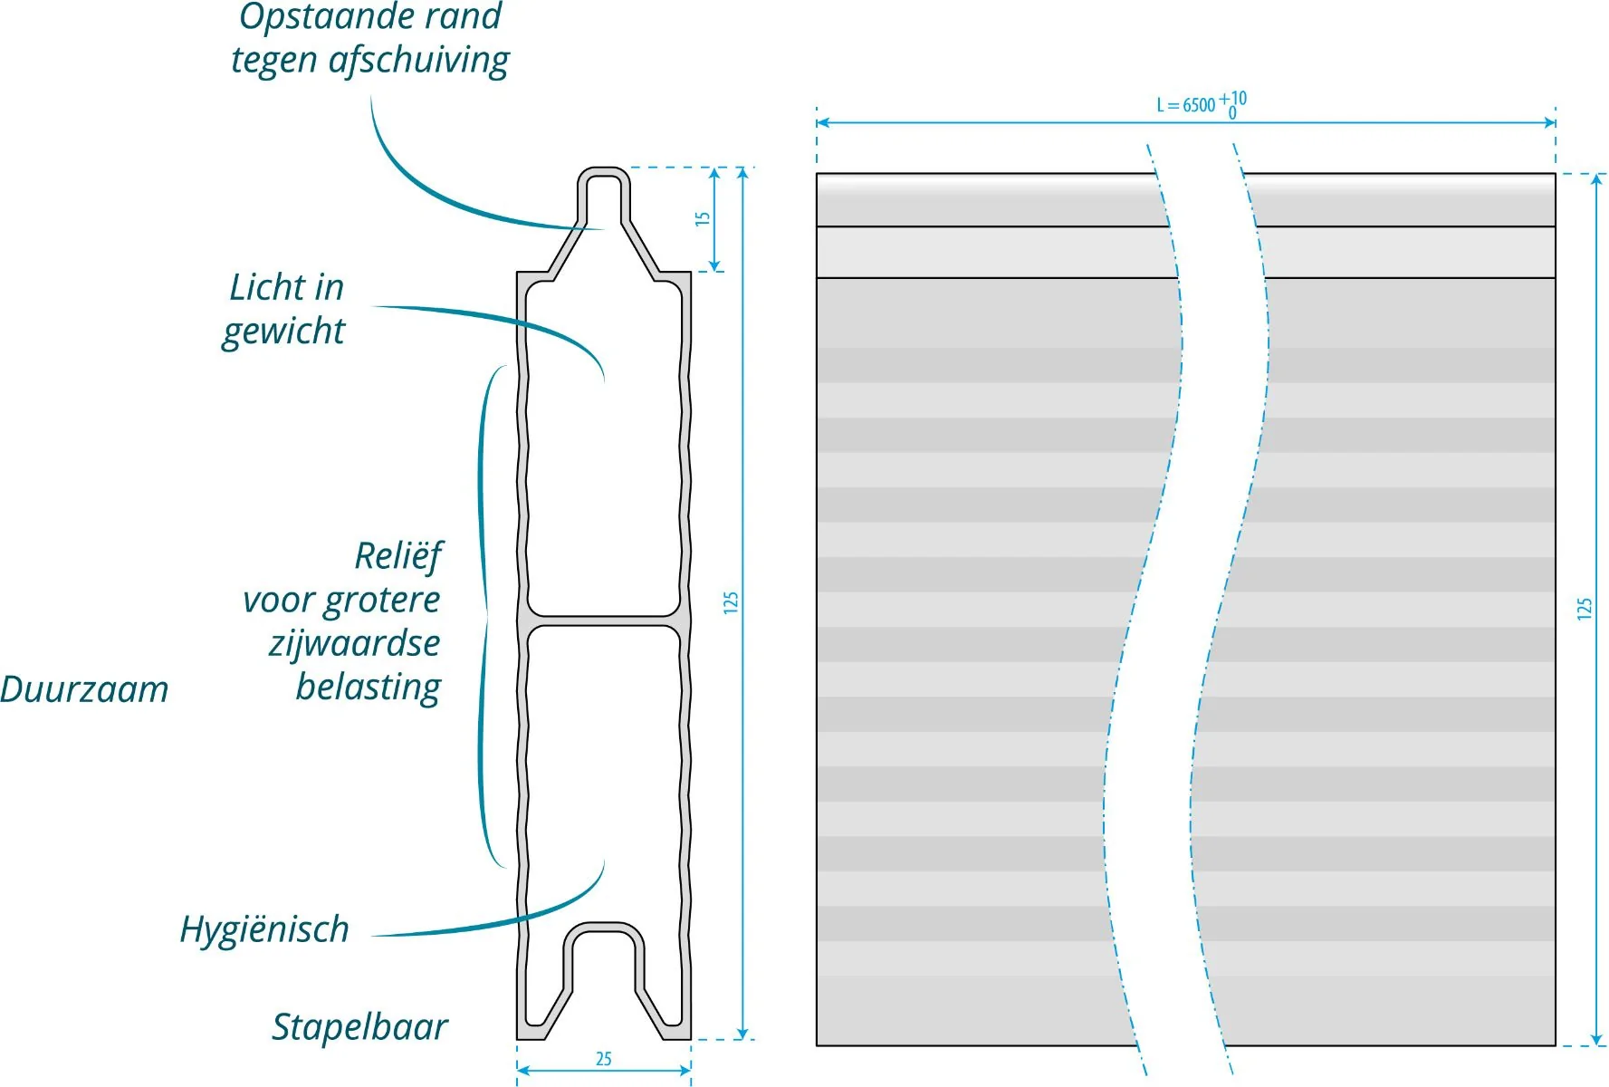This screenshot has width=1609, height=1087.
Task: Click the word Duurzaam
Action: pos(84,689)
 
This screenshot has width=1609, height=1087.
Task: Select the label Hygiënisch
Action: pos(264,930)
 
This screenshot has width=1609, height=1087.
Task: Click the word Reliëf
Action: pos(398,556)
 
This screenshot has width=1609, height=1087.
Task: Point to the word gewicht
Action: pos(283,332)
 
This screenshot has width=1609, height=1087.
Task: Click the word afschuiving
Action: pos(419,61)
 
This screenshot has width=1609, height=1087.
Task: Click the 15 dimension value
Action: pos(703,218)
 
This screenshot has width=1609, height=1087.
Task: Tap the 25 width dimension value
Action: pos(604,1059)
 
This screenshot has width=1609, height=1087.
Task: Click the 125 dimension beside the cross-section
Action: pos(731,603)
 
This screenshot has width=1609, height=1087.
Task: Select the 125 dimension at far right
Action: pos(1584,609)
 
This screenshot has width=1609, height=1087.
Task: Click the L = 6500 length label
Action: pos(1185,105)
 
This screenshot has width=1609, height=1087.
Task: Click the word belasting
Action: pos(369,688)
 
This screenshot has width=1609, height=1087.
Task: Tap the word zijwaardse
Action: pos(354,644)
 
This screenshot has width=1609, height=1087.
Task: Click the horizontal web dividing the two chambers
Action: pos(604,621)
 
